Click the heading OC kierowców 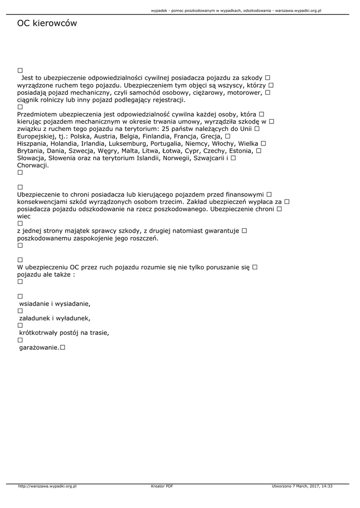[47, 23]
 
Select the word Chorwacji [32, 165]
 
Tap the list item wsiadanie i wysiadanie [55, 304]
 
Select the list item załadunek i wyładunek [55, 318]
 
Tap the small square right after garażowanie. [63, 348]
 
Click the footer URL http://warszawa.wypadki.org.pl [47, 486]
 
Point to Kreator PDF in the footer [162, 486]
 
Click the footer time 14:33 [327, 486]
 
